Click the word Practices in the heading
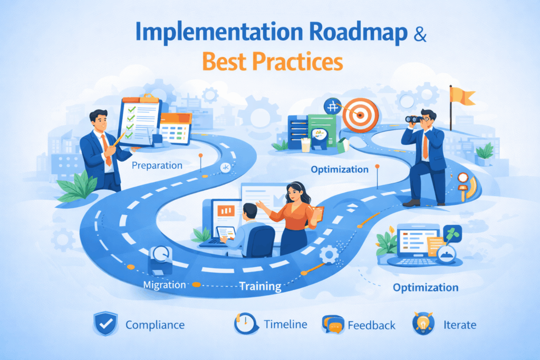(300, 62)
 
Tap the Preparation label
(157, 166)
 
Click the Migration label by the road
(164, 285)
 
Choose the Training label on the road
(259, 287)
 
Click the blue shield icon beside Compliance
(104, 323)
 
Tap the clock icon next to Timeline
(243, 324)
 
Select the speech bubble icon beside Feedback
(332, 324)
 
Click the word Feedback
(371, 325)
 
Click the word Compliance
(155, 324)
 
